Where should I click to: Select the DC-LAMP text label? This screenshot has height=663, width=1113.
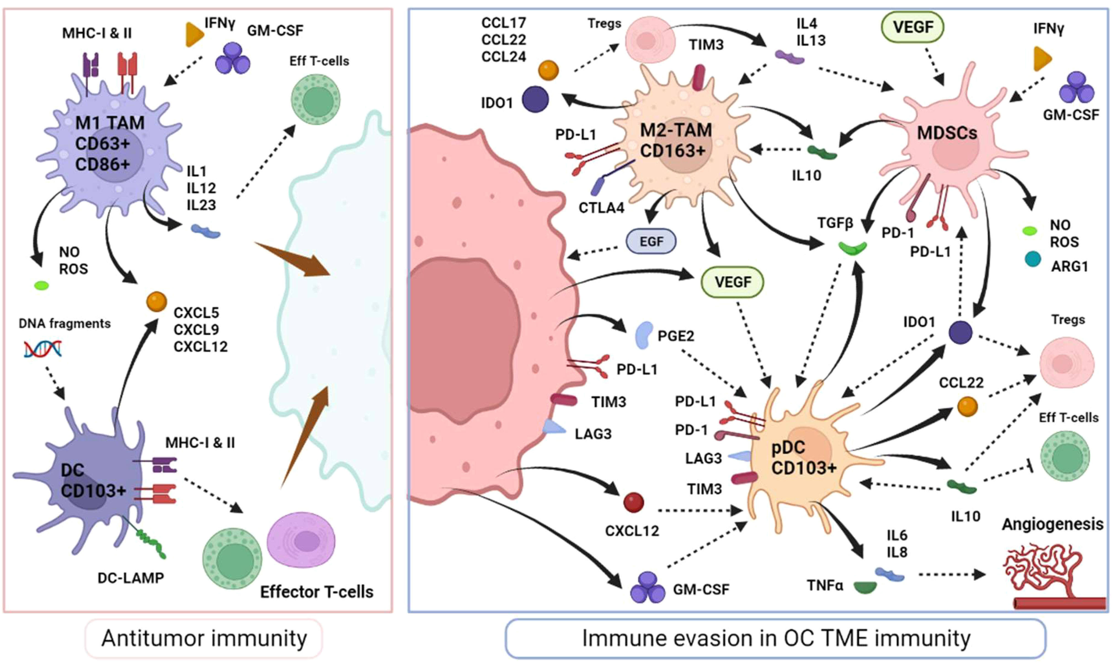(131, 578)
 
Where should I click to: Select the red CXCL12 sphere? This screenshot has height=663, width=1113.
(633, 502)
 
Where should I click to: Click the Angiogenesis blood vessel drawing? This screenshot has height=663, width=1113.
(1054, 576)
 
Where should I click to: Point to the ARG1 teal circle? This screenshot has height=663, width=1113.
(1033, 259)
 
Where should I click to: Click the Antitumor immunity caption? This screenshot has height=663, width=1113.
(204, 638)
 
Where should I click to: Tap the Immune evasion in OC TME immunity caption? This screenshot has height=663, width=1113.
(776, 638)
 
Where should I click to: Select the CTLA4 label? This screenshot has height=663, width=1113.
(601, 208)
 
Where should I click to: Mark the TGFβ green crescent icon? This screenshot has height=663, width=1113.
(852, 248)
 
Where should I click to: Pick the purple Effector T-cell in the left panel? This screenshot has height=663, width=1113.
(301, 540)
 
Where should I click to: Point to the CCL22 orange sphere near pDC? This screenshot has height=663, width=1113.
(967, 407)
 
